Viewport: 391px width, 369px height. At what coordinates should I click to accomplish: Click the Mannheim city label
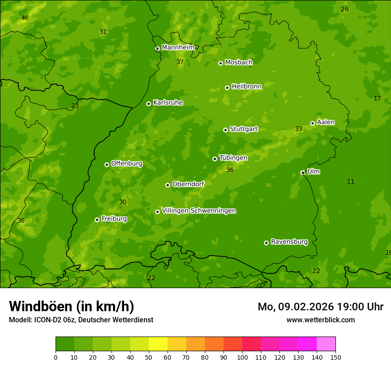tap(178, 48)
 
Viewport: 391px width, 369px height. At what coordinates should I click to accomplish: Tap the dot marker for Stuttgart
tap(225, 130)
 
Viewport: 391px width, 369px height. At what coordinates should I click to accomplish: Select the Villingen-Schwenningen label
tap(199, 211)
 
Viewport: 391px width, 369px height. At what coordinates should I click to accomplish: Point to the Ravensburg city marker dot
tap(266, 243)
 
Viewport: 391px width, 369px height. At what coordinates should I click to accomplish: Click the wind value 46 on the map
tap(25, 18)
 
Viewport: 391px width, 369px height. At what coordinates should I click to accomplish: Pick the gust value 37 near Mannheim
tap(180, 62)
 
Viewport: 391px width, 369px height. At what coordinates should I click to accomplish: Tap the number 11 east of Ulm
tap(351, 181)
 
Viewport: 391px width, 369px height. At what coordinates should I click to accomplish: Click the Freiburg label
tap(114, 219)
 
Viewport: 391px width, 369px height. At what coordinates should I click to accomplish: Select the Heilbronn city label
tap(247, 87)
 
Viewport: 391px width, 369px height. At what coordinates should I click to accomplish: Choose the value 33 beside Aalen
tap(299, 129)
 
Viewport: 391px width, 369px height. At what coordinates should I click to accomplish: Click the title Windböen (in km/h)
tap(72, 307)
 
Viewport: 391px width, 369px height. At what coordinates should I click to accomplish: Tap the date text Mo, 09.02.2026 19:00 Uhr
tap(320, 307)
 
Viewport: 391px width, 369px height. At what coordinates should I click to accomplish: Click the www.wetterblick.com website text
tap(320, 320)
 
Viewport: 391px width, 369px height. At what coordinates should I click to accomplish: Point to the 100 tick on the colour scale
tap(242, 357)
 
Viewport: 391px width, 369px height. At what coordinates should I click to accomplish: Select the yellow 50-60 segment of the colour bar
tap(158, 344)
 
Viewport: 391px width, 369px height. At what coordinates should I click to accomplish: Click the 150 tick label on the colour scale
tap(335, 357)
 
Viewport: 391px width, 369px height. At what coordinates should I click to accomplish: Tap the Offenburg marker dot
tap(107, 164)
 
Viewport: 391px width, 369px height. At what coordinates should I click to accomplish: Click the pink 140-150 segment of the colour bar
tap(326, 344)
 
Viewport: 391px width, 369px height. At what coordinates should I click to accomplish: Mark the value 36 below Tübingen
tap(230, 170)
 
